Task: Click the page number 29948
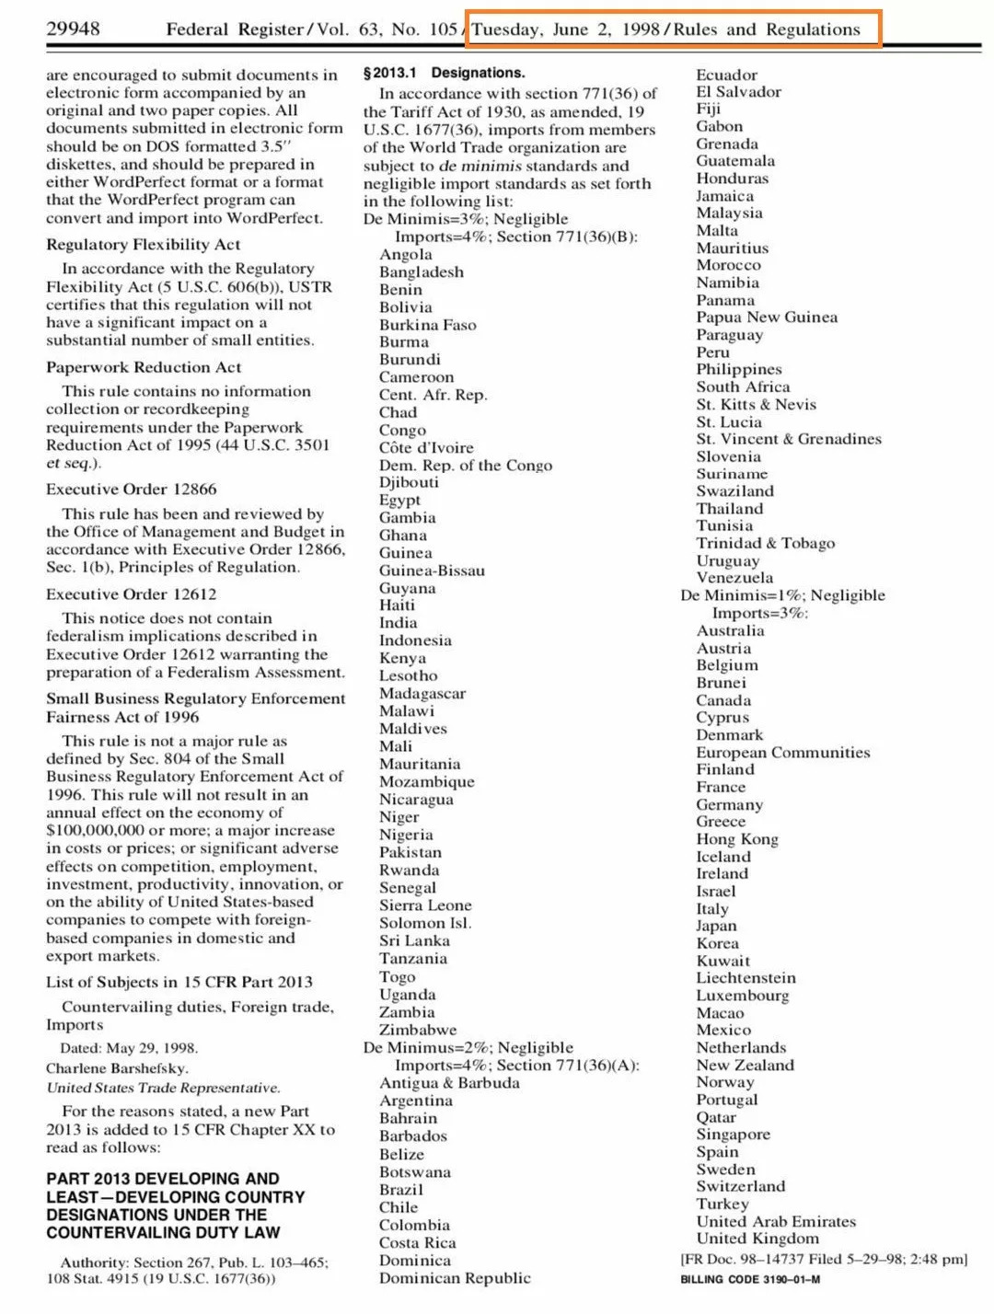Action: pyautogui.click(x=73, y=29)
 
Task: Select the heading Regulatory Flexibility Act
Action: pyautogui.click(x=143, y=245)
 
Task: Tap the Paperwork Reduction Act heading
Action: pyautogui.click(x=144, y=367)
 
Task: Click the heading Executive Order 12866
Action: pyautogui.click(x=132, y=490)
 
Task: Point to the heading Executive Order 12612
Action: pyautogui.click(x=132, y=594)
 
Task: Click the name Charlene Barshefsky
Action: pyautogui.click(x=117, y=1068)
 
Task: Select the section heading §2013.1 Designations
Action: pyautogui.click(x=444, y=73)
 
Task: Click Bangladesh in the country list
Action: pyautogui.click(x=422, y=272)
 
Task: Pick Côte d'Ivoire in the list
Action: pyautogui.click(x=426, y=448)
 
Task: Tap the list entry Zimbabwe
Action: pyautogui.click(x=418, y=1030)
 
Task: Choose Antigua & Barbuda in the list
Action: pyautogui.click(x=449, y=1083)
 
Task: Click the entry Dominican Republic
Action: pyautogui.click(x=455, y=1278)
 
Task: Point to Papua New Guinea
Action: pyautogui.click(x=767, y=317)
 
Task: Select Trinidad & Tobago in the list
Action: pyautogui.click(x=766, y=543)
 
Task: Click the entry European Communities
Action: pyautogui.click(x=782, y=753)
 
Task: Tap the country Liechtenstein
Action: pyautogui.click(x=745, y=978)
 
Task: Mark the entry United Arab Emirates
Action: pyautogui.click(x=776, y=1222)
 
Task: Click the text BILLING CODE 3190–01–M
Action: pyautogui.click(x=750, y=1280)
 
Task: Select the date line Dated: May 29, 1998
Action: pyautogui.click(x=129, y=1048)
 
